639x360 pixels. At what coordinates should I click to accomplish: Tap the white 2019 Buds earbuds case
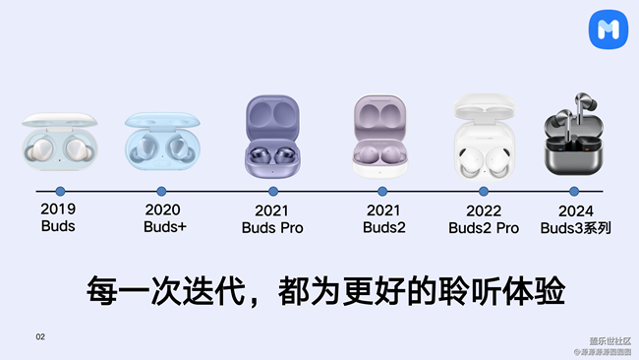coord(59,147)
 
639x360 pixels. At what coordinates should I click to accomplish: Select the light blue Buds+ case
coord(163,144)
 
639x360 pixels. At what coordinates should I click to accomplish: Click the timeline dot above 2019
coord(60,191)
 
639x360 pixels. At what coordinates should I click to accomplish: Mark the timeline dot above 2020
coord(162,191)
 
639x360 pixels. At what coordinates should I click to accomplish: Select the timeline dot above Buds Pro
coord(271,191)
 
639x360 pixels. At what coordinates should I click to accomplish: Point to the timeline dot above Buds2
coord(382,191)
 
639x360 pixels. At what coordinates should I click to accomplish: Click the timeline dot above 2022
coord(486,191)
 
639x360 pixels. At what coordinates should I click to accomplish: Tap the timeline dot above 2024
coord(576,191)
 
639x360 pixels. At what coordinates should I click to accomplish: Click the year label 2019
coord(59,209)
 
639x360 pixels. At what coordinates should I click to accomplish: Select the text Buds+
coord(164,227)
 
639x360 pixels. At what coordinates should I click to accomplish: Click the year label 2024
coord(576,210)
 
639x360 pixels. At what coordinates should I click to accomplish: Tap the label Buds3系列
coord(576,228)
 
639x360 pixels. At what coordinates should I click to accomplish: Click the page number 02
coord(40,336)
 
